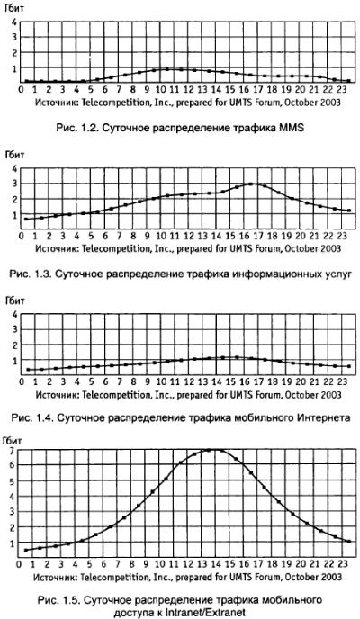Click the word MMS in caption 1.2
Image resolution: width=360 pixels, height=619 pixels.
[x=292, y=128]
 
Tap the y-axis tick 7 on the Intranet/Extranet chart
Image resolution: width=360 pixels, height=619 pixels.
[x=13, y=450]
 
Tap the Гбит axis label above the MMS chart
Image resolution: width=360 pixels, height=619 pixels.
[x=14, y=9]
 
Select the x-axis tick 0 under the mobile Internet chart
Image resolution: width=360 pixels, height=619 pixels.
[x=21, y=381]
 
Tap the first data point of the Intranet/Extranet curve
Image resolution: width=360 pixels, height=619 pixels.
[x=26, y=550]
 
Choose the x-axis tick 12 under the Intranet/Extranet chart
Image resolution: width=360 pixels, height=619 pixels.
[x=189, y=564]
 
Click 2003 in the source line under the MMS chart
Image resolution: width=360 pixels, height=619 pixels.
[x=330, y=103]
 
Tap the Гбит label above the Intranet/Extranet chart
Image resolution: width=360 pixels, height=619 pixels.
[x=13, y=439]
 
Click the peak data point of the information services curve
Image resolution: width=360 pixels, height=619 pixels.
[x=250, y=184]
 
